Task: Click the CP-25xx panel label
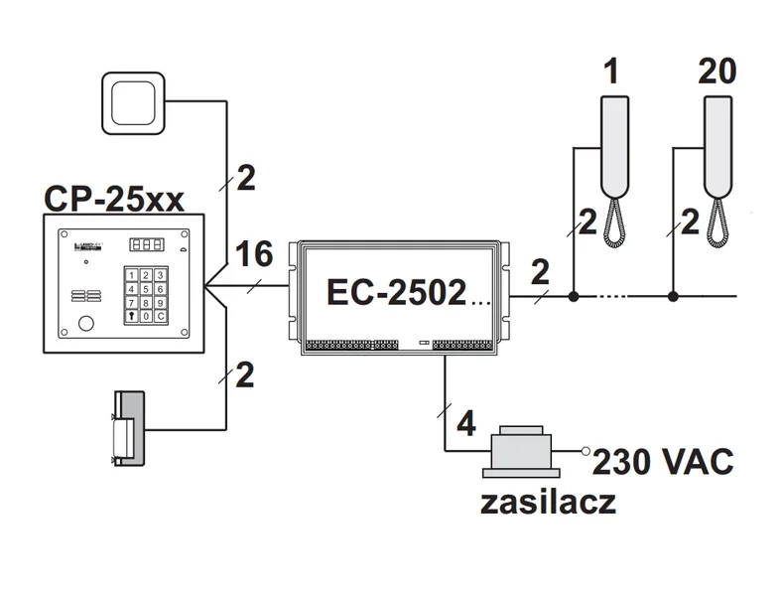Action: pyautogui.click(x=113, y=199)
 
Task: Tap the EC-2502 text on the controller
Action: pyautogui.click(x=395, y=292)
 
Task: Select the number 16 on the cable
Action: pyautogui.click(x=255, y=255)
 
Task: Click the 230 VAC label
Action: pyautogui.click(x=662, y=462)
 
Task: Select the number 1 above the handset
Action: pyautogui.click(x=613, y=72)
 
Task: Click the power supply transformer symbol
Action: pyautogui.click(x=523, y=452)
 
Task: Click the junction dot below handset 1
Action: pyautogui.click(x=574, y=296)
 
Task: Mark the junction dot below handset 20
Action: pyautogui.click(x=674, y=296)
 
